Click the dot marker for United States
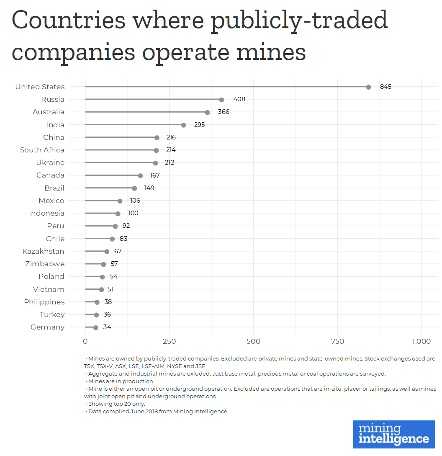click(368, 87)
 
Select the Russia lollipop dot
click(221, 100)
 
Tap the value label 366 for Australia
click(224, 112)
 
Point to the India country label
click(55, 125)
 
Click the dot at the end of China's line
click(157, 138)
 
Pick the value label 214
click(170, 150)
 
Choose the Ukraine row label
click(50, 162)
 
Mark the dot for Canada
click(141, 176)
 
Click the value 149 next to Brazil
click(149, 188)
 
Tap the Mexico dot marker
click(120, 201)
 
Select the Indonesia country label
click(46, 213)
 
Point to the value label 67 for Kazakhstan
click(118, 251)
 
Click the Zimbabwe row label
click(45, 264)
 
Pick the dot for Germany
click(96, 328)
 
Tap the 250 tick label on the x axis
click(170, 341)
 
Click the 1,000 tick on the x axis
click(421, 341)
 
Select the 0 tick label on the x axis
click(85, 341)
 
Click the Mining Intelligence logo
click(394, 434)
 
